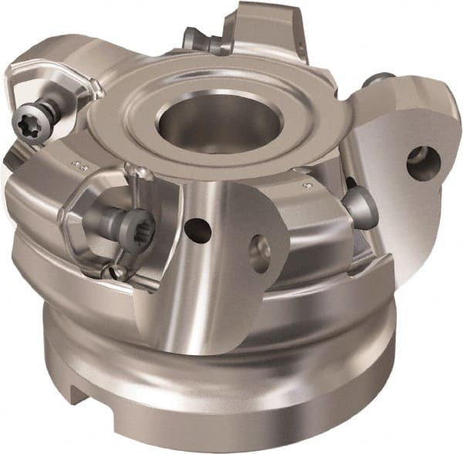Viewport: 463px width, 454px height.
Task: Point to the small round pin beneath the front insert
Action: (x=117, y=271)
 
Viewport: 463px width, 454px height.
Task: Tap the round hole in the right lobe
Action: (x=424, y=161)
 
